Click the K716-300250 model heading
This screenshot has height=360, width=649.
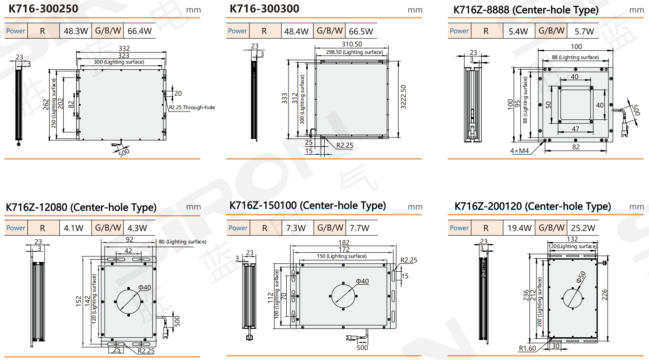(44, 9)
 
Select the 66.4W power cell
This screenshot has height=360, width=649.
(139, 31)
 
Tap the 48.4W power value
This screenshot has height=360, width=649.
(296, 31)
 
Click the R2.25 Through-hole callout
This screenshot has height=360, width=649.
(192, 107)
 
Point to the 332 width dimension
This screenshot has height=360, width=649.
(125, 48)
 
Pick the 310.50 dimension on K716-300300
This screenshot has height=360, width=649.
(352, 44)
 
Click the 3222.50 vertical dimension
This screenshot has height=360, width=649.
(403, 97)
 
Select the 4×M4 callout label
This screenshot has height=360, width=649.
(519, 151)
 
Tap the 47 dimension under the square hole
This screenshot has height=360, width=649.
(576, 129)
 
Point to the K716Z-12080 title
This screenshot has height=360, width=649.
(81, 207)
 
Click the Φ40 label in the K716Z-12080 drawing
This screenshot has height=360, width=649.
(144, 288)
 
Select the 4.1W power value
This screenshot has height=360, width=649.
(73, 228)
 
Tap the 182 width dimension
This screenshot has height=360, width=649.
(344, 242)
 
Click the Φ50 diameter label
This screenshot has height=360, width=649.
(581, 277)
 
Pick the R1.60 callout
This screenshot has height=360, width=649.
(527, 348)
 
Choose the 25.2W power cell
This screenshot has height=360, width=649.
(583, 228)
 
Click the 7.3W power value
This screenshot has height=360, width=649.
(296, 228)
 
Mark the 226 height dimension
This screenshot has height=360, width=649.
(605, 295)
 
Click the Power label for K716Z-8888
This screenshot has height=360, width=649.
(459, 31)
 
